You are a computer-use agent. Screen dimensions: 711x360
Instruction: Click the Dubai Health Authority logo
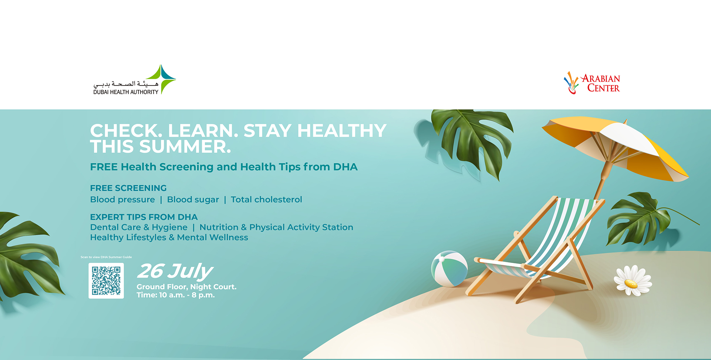pos(134,80)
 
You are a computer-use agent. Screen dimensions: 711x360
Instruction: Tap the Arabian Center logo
pos(592,83)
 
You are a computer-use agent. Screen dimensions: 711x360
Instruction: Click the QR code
pos(106,281)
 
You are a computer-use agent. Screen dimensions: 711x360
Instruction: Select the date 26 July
pos(175,271)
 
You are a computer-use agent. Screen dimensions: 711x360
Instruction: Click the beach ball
pos(449,269)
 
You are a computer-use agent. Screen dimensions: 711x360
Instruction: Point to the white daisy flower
pos(632,280)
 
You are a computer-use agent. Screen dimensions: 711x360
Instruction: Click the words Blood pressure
pos(123,200)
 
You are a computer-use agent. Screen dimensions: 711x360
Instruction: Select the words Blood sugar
pos(193,200)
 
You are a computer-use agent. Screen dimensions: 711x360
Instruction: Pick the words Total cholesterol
pos(266,200)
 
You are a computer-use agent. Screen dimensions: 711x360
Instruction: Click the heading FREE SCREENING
pos(128,188)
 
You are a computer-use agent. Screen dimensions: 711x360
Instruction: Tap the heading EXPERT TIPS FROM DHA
pos(144,217)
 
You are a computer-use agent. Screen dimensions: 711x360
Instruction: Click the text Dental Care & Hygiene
pos(139,227)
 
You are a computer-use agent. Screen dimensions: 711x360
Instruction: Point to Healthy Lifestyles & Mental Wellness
pos(169,237)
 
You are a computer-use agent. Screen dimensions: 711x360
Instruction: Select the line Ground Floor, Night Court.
pos(186,287)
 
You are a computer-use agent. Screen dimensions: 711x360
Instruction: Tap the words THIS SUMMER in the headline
pos(161,147)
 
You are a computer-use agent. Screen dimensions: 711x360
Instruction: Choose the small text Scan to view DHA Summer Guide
pos(106,257)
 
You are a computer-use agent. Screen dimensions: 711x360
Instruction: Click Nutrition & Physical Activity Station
pos(276,227)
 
